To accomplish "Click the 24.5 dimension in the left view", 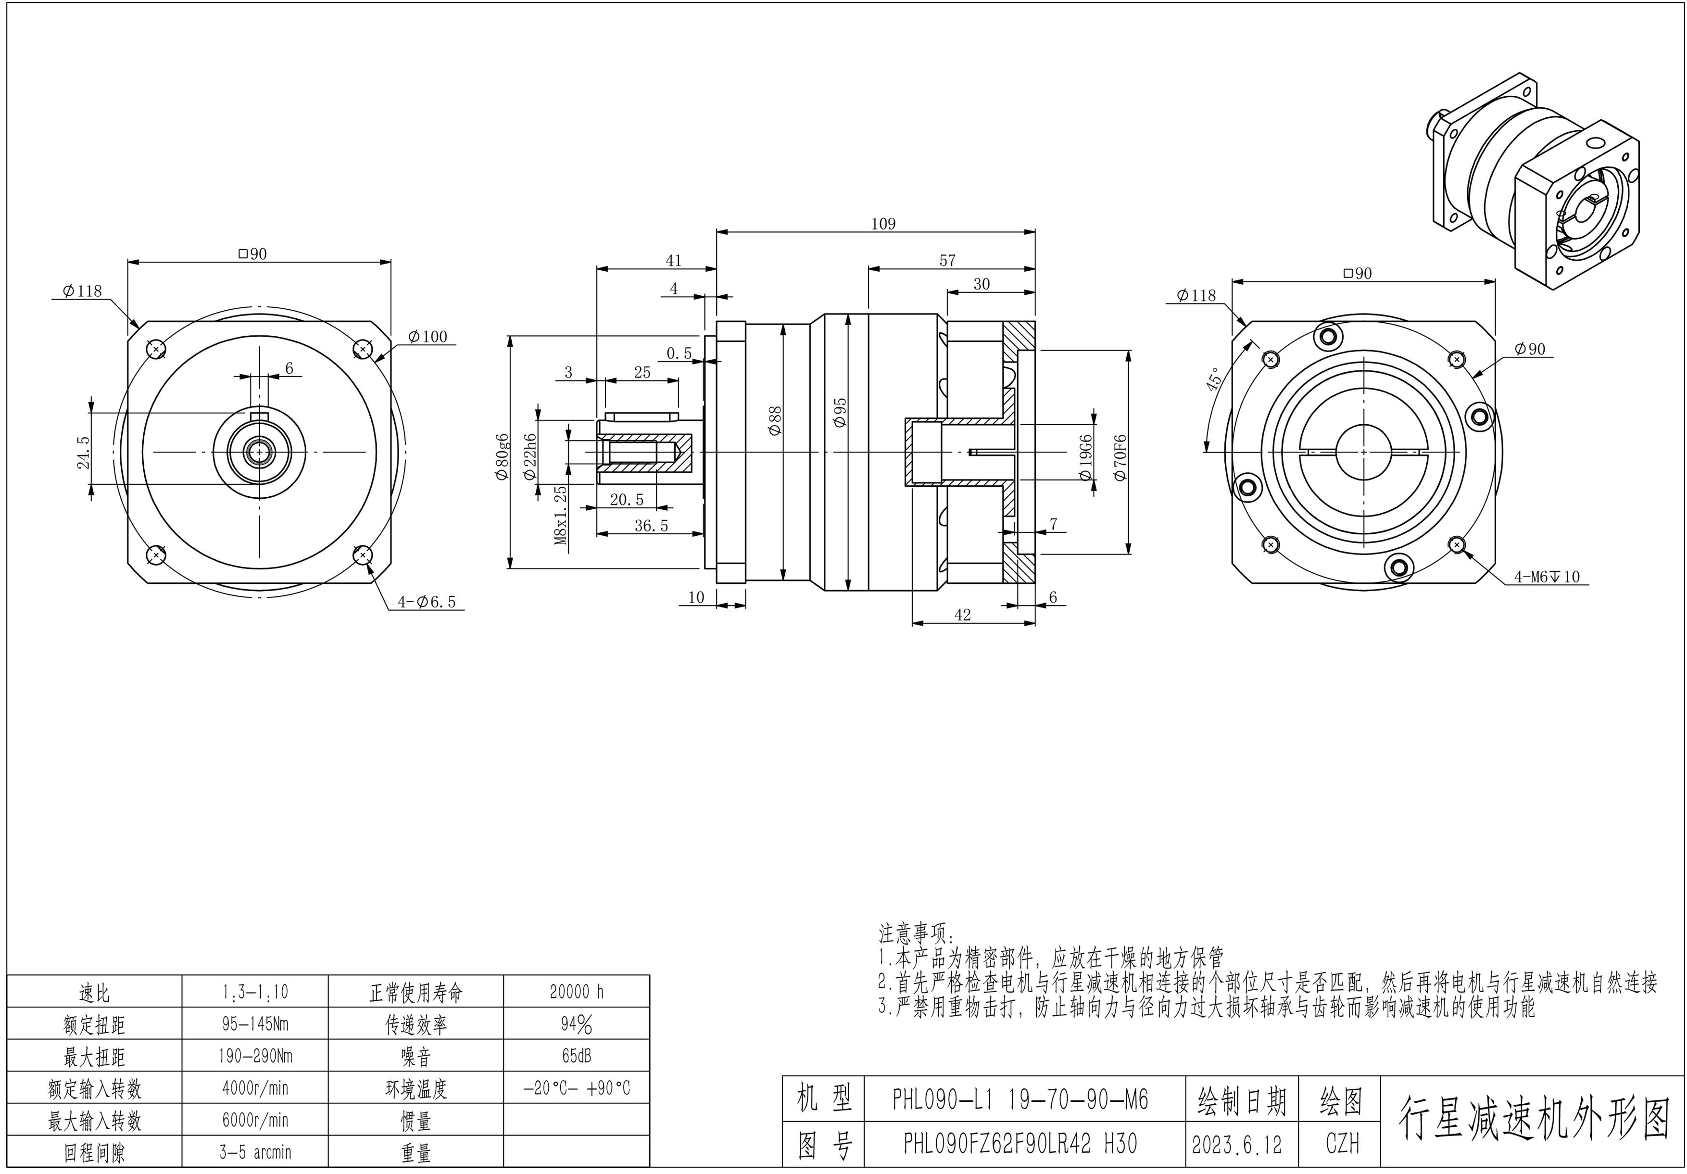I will point(83,452).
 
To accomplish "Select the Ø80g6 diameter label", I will point(503,455).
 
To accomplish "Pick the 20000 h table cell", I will point(576,992).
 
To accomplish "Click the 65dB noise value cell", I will point(576,1056).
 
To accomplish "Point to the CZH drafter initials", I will point(1342,1144).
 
